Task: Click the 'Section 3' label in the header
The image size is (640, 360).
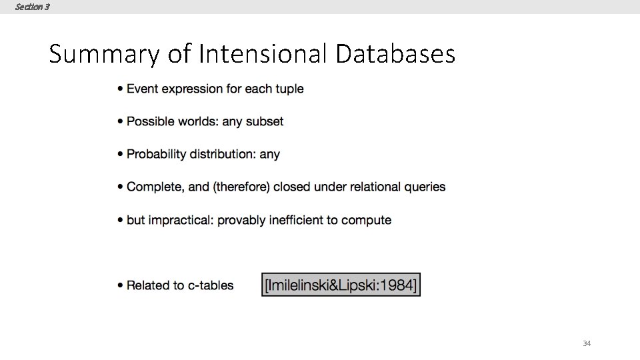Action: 32,7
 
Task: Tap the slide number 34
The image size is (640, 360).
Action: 587,343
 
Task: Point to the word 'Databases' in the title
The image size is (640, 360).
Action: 395,54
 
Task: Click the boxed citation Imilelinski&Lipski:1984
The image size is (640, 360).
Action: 341,285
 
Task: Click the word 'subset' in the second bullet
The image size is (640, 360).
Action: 265,121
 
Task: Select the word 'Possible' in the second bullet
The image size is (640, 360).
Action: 149,121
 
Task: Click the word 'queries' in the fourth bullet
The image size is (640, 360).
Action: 425,187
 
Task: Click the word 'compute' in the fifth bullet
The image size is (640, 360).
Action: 367,220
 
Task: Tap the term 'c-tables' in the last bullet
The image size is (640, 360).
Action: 211,285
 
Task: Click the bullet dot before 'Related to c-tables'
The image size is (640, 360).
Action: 120,286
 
